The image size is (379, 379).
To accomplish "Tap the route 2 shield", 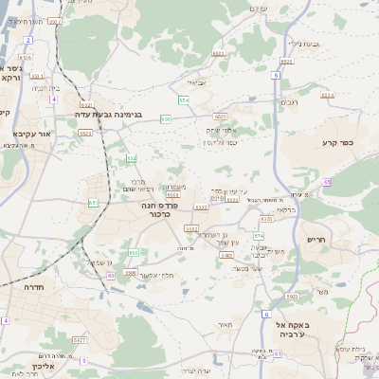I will [28, 41].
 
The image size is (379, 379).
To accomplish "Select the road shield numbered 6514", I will [328, 95].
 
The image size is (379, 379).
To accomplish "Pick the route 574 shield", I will [258, 233].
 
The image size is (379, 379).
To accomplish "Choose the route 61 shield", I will [92, 202].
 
